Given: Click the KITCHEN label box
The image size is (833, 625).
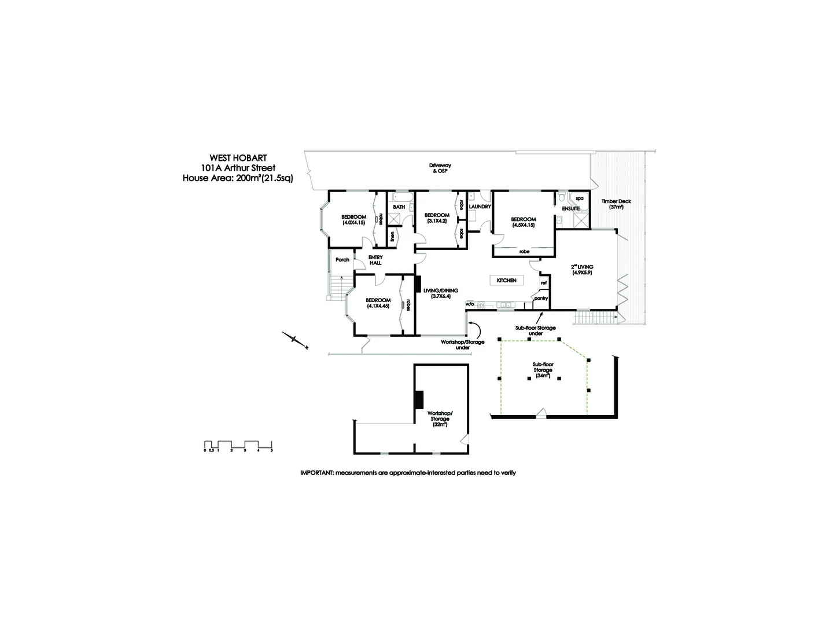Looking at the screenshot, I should coord(506,280).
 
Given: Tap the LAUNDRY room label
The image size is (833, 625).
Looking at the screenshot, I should coord(480,207).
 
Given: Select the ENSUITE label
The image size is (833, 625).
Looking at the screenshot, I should coord(570,208).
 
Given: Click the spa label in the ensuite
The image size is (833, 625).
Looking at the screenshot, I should coord(579,198).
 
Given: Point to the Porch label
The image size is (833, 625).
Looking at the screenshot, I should coord(342,260).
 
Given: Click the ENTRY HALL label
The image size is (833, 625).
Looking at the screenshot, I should coord(375,260).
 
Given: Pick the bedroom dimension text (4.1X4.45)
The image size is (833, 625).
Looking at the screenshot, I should coord(378,306).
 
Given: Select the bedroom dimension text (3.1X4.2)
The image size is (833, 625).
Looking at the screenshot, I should coord(437,220).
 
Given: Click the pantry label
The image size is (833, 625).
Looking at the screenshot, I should coord(541,298).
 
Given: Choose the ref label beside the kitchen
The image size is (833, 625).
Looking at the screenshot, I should coord(544,283).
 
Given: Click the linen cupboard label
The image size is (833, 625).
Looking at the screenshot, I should coord(393,236).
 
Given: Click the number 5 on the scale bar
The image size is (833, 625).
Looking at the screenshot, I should coord(271,450).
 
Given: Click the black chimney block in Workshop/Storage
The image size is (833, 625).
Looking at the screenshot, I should coord(419,400).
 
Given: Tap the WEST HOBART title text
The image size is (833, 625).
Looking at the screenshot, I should coord(238,157).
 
